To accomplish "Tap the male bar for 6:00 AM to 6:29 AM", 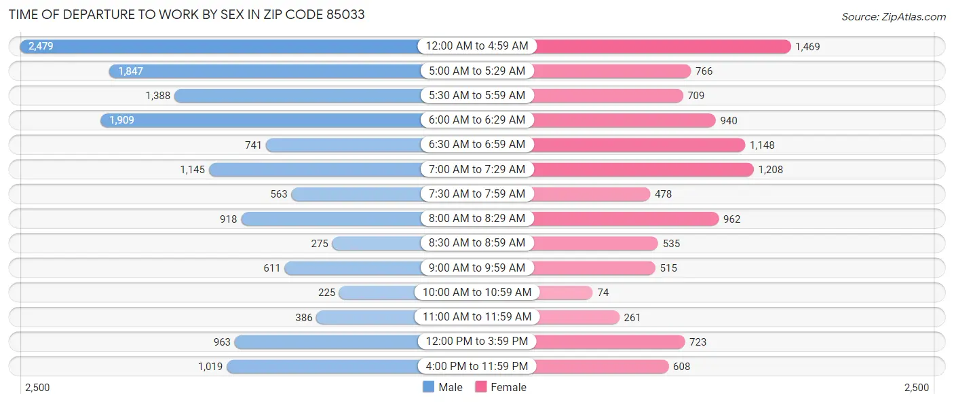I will pyautogui.click(x=261, y=120).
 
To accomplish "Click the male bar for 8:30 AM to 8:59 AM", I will pyautogui.click(x=377, y=243).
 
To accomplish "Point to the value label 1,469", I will pyautogui.click(x=807, y=46).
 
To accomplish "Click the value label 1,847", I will pyautogui.click(x=130, y=71).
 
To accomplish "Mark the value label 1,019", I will pyautogui.click(x=210, y=366).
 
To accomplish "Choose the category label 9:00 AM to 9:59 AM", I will pyautogui.click(x=476, y=268).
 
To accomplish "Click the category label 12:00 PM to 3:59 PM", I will pyautogui.click(x=476, y=342).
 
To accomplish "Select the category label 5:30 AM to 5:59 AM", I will pyautogui.click(x=476, y=96).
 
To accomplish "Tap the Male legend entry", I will pyautogui.click(x=442, y=387).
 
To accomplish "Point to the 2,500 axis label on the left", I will pyautogui.click(x=37, y=387).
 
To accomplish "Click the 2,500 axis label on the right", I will pyautogui.click(x=916, y=387).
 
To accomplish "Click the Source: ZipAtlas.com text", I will pyautogui.click(x=893, y=16).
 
